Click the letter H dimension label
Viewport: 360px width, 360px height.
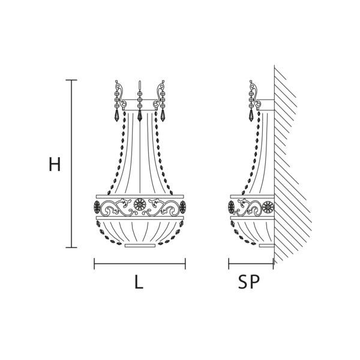[55, 164]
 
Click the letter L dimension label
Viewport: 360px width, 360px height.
[139, 282]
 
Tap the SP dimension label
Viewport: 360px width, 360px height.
[249, 282]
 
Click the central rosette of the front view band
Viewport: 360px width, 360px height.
[140, 205]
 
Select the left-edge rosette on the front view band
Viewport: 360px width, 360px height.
[97, 207]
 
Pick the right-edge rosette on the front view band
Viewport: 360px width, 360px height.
[183, 207]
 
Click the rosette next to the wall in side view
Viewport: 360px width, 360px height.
[268, 207]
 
